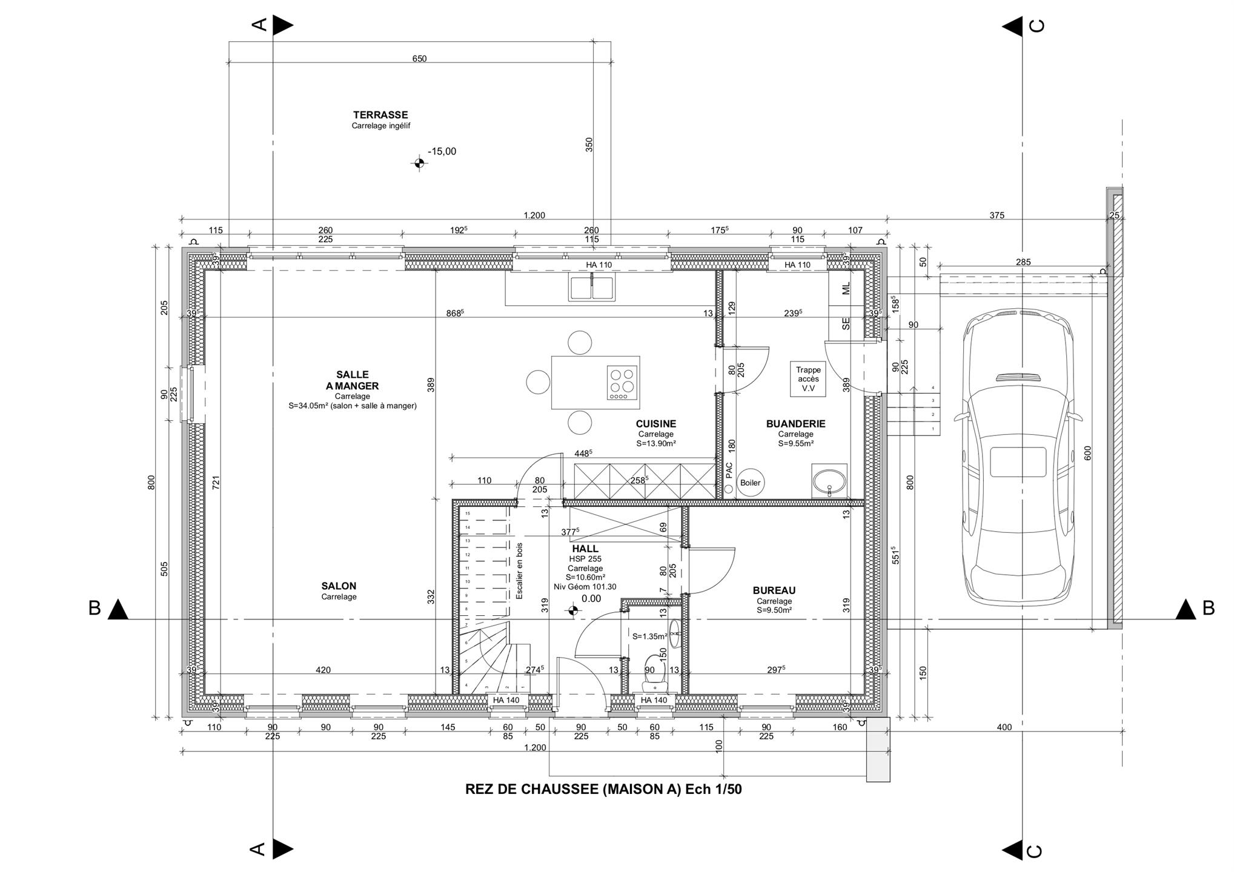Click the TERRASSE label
tap(380, 114)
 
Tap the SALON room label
tap(339, 586)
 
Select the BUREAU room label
tap(774, 590)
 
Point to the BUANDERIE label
tap(795, 424)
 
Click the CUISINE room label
tap(655, 424)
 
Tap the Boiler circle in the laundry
tap(750, 483)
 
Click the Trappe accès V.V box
tap(808, 379)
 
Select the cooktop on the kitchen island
tap(623, 383)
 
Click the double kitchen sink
tap(592, 286)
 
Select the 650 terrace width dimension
tap(419, 59)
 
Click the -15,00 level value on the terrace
tap(442, 151)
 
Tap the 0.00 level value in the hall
tap(591, 599)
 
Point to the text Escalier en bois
tap(519, 570)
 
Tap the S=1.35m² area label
tap(650, 636)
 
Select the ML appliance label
tap(846, 288)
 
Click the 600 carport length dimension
tap(1087, 453)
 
